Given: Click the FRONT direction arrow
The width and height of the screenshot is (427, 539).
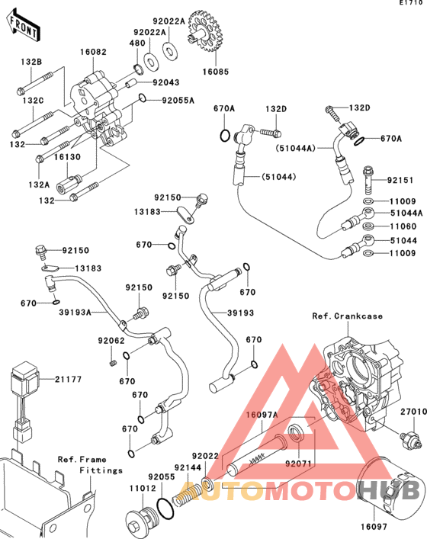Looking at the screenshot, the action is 24,26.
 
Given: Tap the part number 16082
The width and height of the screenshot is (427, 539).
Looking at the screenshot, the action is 93,52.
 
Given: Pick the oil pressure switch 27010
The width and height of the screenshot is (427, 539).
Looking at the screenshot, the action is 411,440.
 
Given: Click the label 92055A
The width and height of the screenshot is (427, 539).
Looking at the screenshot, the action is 178,101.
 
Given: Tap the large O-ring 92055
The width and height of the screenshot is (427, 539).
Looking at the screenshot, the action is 165,508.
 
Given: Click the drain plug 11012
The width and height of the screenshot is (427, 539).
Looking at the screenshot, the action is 141,521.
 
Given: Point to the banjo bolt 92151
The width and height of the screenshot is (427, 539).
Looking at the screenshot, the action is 368,180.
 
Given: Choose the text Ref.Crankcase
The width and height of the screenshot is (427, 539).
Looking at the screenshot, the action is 347,316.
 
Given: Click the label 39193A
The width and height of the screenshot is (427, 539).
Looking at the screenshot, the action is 75,312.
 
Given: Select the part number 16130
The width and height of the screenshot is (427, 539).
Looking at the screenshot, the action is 67,157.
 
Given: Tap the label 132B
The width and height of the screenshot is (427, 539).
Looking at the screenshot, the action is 31,62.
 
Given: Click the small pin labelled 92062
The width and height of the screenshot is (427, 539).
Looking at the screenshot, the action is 112,363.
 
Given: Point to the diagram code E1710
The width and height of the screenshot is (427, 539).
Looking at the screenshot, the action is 411,3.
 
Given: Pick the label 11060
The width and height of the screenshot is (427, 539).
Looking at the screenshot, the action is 403,226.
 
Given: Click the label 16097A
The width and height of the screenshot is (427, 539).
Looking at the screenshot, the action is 262,415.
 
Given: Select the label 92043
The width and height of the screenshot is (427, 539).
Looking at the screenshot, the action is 166,82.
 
